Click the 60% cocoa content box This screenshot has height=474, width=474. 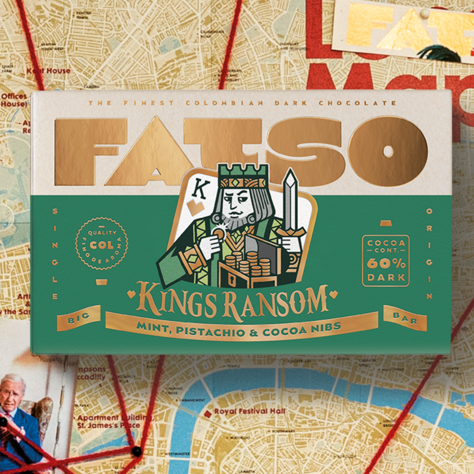click(386, 260)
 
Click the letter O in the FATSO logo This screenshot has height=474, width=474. click(388, 151)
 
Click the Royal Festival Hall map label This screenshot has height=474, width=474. click(250, 412)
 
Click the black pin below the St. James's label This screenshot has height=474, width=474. click(136, 450)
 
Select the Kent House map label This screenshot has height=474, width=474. click(48, 70)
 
